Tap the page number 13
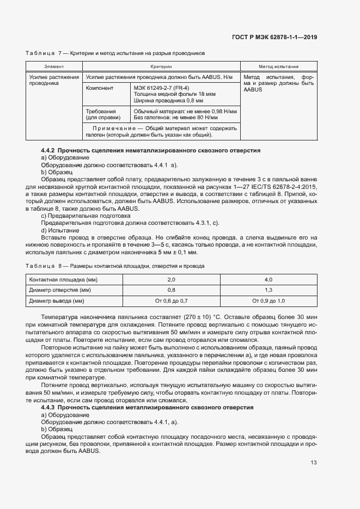coord(314,463)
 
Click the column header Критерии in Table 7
coord(161,66)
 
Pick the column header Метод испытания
coord(278,66)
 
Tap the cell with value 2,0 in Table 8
coord(171,279)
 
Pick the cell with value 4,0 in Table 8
coord(269,279)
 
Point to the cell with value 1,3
coord(269,290)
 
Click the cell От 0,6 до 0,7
coord(171,301)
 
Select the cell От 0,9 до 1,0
coord(269,301)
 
